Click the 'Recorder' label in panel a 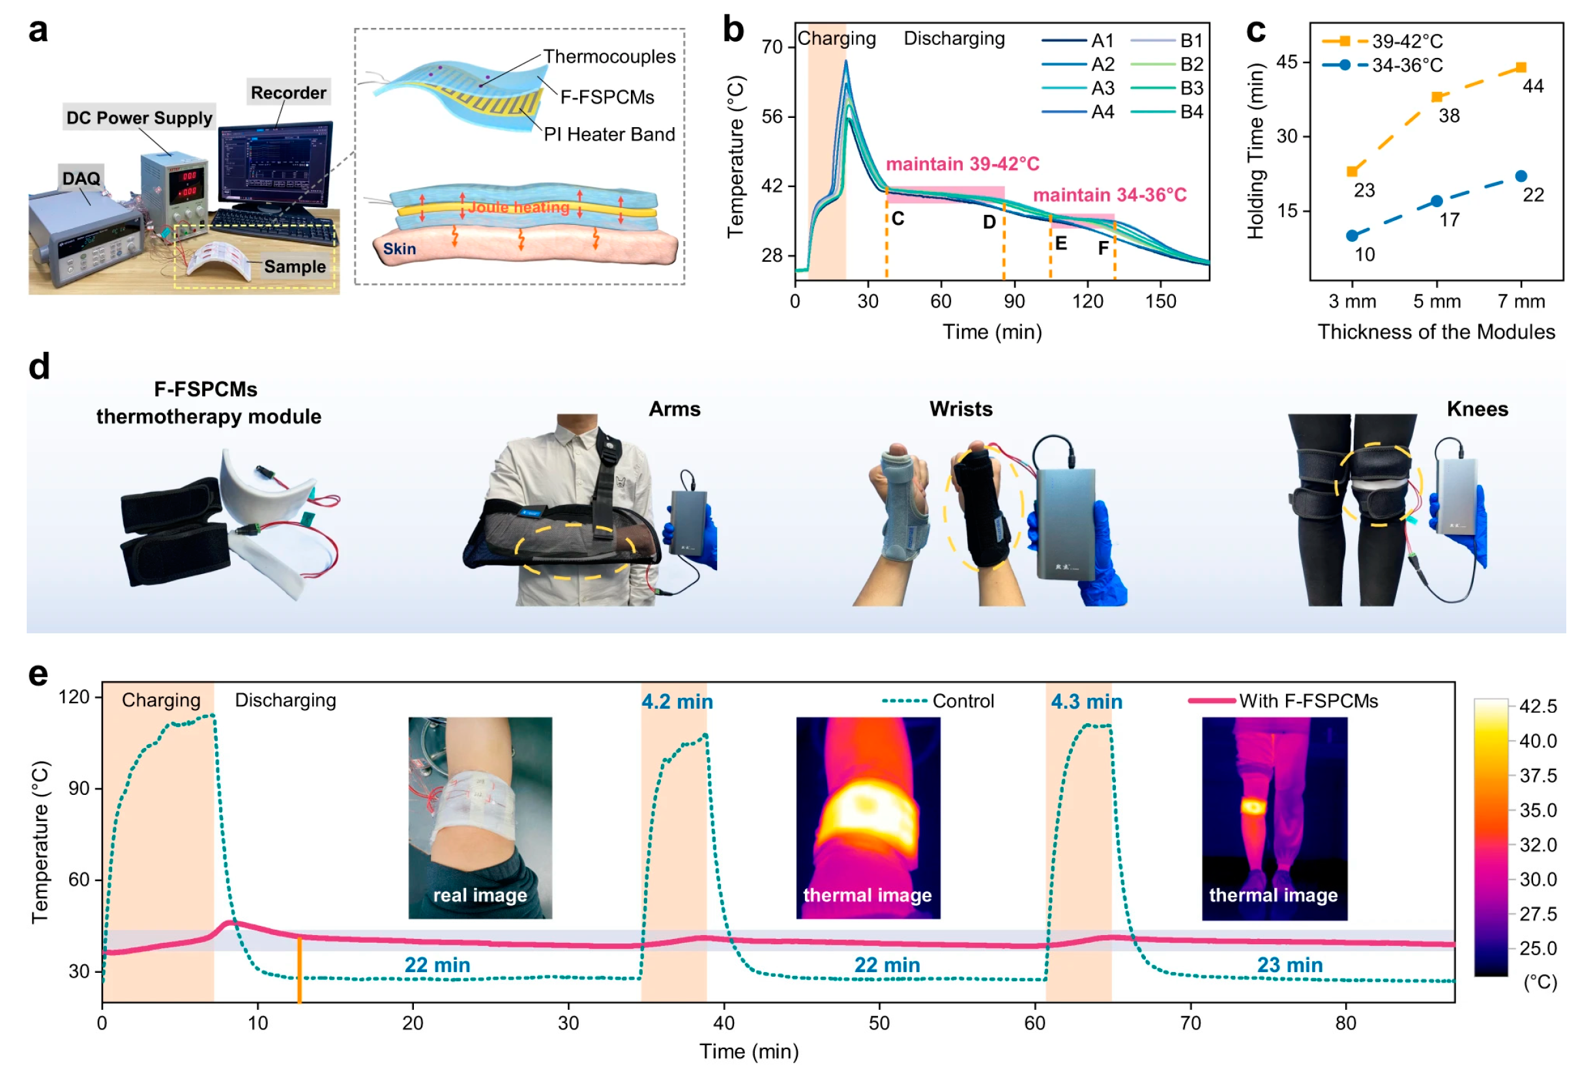(288, 93)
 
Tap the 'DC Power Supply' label (139, 118)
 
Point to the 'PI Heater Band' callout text (609, 134)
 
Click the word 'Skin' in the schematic (399, 249)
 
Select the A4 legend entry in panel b (1102, 111)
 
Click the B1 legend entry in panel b (1191, 40)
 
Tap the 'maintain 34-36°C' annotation (1109, 195)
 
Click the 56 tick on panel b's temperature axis (772, 117)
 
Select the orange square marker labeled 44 (1521, 67)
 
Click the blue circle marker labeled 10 (1352, 236)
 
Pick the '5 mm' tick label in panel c (1437, 302)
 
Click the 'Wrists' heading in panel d (960, 409)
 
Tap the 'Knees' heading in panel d (1477, 409)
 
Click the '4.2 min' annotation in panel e (677, 702)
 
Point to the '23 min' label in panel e (1289, 964)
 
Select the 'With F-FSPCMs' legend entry (1308, 701)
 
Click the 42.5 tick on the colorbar (1538, 706)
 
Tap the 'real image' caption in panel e (480, 895)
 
